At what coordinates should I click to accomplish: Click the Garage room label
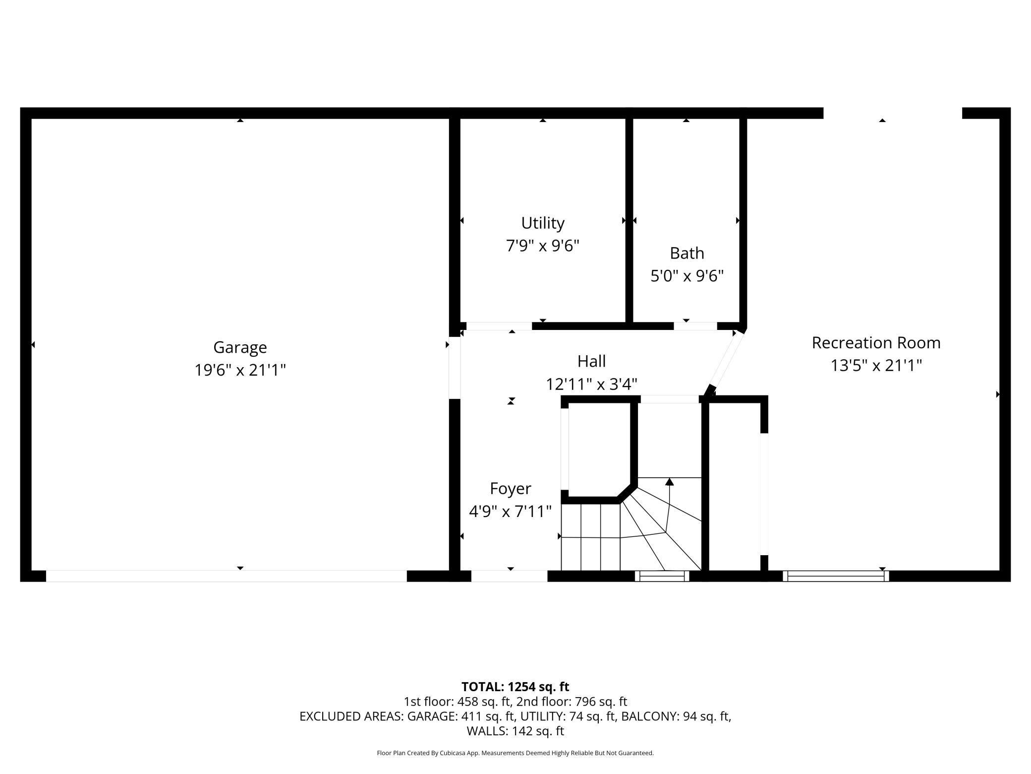pyautogui.click(x=240, y=348)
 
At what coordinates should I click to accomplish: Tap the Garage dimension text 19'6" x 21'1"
pyautogui.click(x=240, y=370)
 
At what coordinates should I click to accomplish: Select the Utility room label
pyautogui.click(x=543, y=224)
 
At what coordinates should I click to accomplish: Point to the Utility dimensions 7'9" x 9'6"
pyautogui.click(x=543, y=246)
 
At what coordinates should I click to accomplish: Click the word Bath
pyautogui.click(x=687, y=254)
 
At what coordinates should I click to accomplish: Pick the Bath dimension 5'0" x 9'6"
pyautogui.click(x=687, y=276)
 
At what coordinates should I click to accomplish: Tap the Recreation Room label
pyautogui.click(x=876, y=343)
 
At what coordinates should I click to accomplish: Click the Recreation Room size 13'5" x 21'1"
pyautogui.click(x=876, y=366)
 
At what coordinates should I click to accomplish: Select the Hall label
pyautogui.click(x=591, y=361)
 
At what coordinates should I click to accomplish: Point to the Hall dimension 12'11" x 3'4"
pyautogui.click(x=591, y=384)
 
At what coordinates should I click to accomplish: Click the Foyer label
pyautogui.click(x=511, y=489)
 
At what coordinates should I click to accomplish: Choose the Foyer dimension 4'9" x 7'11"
pyautogui.click(x=511, y=512)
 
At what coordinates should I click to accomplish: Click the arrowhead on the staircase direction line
pyautogui.click(x=670, y=481)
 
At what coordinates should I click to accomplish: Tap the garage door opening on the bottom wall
pyautogui.click(x=227, y=576)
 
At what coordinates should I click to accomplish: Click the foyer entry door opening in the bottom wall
pyautogui.click(x=509, y=576)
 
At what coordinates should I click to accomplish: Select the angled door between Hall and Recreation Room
pyautogui.click(x=724, y=362)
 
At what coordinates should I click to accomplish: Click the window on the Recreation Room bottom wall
pyautogui.click(x=836, y=576)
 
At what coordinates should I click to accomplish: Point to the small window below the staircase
pyautogui.click(x=662, y=576)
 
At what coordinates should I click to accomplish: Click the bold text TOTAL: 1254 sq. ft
pyautogui.click(x=515, y=687)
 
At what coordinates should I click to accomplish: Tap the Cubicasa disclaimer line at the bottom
pyautogui.click(x=515, y=753)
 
